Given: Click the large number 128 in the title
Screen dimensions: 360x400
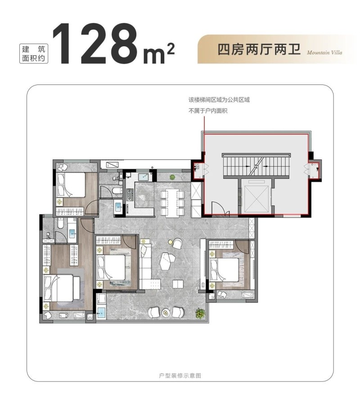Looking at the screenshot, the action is (96, 43).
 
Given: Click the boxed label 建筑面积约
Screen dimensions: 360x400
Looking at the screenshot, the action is (33, 54).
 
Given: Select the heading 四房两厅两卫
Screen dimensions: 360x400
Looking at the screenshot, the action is (259, 49).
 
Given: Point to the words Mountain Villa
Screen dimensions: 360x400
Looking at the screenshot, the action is (324, 53).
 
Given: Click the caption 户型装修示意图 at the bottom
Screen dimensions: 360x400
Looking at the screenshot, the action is (180, 376).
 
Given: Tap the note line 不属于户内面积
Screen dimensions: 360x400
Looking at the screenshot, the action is (208, 111).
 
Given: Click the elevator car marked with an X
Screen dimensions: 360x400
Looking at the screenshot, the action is (256, 199).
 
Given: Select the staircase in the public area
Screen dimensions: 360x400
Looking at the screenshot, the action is (256, 166).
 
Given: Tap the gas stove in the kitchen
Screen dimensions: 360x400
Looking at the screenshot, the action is (130, 195).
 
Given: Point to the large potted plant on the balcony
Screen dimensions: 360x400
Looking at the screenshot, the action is (200, 313).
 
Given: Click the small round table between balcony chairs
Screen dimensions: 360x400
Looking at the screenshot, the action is (166, 312).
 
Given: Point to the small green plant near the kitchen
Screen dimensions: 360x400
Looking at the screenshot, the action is (172, 176).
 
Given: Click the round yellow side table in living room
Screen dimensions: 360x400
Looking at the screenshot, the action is (171, 242).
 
